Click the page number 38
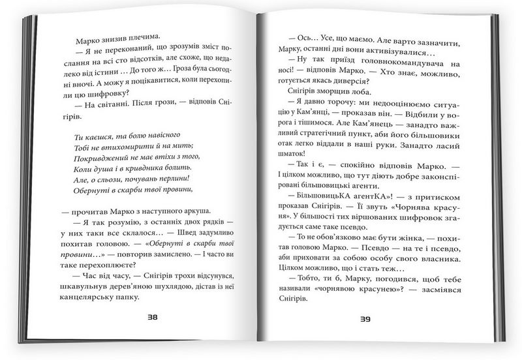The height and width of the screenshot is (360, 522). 152,318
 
